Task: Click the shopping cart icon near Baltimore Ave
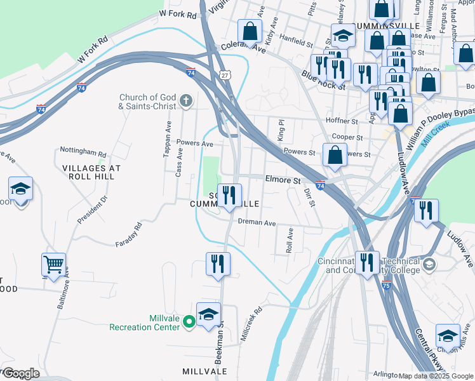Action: click(x=54, y=264)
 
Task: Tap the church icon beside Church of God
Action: click(x=186, y=100)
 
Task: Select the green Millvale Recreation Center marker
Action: click(x=189, y=323)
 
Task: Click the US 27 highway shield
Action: click(x=225, y=75)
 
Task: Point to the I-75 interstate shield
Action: click(x=387, y=286)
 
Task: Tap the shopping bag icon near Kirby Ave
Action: click(x=250, y=30)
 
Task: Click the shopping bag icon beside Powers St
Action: click(x=335, y=155)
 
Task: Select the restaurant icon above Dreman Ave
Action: click(x=229, y=194)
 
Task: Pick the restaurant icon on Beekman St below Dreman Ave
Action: click(x=218, y=263)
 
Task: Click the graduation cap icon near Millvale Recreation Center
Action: click(x=208, y=314)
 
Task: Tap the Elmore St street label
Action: click(x=283, y=180)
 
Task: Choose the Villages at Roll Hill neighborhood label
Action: click(x=91, y=173)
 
